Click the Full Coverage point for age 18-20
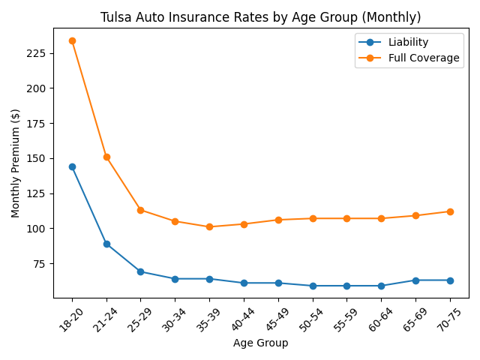click(72, 40)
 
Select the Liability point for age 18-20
click(72, 166)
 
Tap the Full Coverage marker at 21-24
click(106, 157)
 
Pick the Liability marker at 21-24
click(106, 244)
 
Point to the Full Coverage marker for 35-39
click(209, 226)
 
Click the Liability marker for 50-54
click(313, 286)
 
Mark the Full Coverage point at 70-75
click(450, 211)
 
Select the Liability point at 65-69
click(415, 280)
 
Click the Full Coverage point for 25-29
click(140, 210)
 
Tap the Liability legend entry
click(409, 42)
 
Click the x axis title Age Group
click(260, 343)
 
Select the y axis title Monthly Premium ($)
click(16, 163)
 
